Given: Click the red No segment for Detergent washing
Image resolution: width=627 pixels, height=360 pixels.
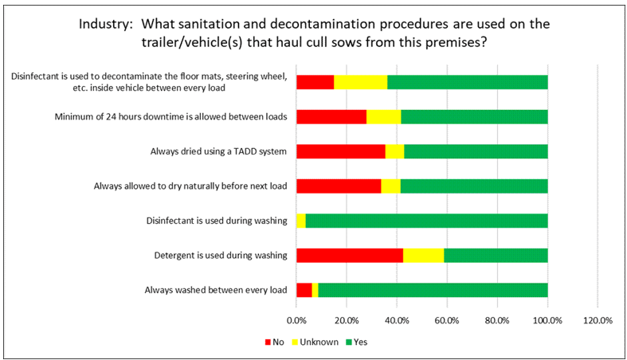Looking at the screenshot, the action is (x=350, y=256).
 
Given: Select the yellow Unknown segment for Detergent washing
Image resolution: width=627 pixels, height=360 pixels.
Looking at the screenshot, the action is (x=424, y=256).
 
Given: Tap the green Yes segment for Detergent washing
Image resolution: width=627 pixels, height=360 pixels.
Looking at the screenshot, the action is (x=496, y=256).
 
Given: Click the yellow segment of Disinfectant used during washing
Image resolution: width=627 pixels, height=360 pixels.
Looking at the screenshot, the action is (x=301, y=221).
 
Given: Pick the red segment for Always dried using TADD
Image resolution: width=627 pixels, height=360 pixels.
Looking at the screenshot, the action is (x=341, y=151).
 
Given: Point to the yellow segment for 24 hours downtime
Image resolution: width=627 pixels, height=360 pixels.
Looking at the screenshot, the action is (x=384, y=116).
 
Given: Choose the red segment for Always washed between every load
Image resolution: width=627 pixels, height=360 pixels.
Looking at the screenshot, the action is (x=304, y=290).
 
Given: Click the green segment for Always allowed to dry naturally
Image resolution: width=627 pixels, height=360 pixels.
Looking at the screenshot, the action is (x=474, y=186).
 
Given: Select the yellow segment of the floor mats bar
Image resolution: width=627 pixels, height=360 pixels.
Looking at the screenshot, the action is (x=361, y=82).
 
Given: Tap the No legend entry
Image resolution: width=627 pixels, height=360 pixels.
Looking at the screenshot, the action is (x=274, y=342).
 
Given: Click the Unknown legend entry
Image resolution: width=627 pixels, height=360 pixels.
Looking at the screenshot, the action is (x=315, y=342).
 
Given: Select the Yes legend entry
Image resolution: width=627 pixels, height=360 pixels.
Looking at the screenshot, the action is (x=357, y=342).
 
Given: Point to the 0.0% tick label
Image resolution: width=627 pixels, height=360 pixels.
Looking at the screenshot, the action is (x=296, y=320).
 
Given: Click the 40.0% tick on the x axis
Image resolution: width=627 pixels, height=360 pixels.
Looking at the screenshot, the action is (x=397, y=320).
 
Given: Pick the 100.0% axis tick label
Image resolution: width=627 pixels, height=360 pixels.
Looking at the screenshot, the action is (x=547, y=320).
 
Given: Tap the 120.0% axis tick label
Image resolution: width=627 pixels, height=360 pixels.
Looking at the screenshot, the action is (x=598, y=320).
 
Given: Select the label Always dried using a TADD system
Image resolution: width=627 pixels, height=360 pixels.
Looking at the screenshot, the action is (x=219, y=151).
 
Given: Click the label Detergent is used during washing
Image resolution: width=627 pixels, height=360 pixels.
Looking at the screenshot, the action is (x=221, y=256).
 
